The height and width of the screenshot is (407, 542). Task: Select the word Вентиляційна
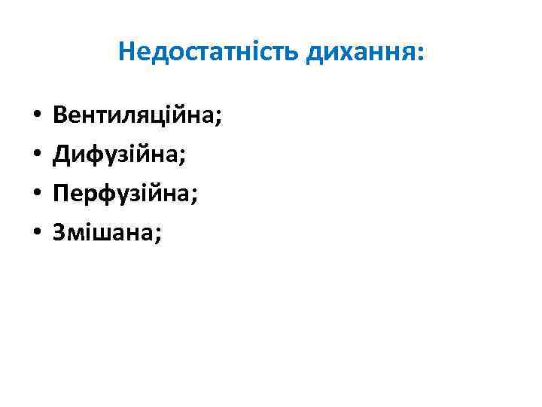pos(133,117)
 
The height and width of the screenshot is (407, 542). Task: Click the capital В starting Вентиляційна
pos(59,117)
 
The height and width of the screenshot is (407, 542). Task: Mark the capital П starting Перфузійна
pos(60,195)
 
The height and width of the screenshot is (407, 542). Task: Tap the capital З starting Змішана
pos(59,234)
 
